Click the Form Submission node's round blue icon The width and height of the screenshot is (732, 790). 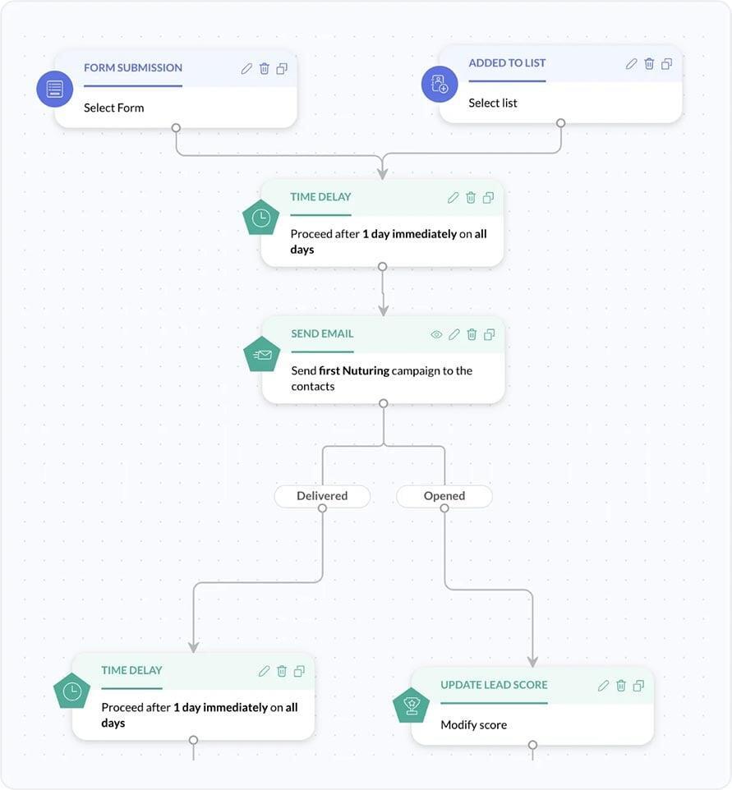coord(55,89)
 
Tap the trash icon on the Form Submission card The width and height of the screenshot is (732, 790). coord(265,69)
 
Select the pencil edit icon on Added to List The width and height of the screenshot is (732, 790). coord(631,64)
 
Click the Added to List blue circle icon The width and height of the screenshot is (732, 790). coord(440,85)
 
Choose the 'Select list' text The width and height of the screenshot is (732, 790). coord(493,103)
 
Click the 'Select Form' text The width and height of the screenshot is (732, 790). coord(113,108)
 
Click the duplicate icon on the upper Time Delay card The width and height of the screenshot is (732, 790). coord(488,198)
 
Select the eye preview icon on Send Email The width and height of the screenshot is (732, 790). coord(436,335)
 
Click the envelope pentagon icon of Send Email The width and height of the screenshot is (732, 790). coord(262,355)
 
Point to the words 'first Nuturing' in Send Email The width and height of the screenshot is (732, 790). coord(354,371)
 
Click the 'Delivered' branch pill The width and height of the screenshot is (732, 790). coord(322,496)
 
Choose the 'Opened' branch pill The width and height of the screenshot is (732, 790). coord(444,496)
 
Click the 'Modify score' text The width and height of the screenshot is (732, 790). coord(474,725)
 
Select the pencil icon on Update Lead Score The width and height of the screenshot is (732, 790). coord(603,686)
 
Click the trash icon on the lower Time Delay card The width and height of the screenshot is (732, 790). coord(282,672)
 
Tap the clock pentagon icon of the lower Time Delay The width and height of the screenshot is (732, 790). coord(72,691)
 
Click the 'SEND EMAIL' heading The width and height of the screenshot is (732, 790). coord(322,334)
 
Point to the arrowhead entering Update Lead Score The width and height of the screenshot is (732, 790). coord(532,661)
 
